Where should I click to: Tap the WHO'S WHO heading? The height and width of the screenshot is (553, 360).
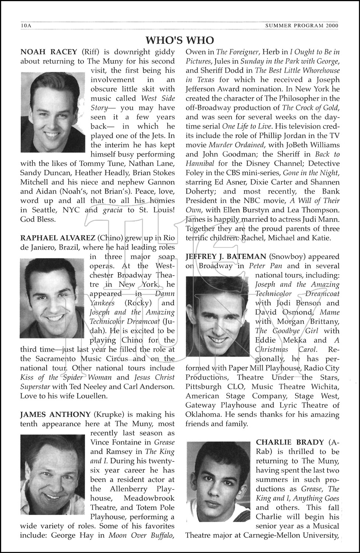click(180, 40)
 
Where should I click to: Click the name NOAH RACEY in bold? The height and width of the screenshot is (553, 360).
click(49, 52)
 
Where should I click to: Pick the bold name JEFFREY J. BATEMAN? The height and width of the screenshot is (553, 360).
click(226, 256)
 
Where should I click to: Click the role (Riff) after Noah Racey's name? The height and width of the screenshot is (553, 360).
click(90, 52)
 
